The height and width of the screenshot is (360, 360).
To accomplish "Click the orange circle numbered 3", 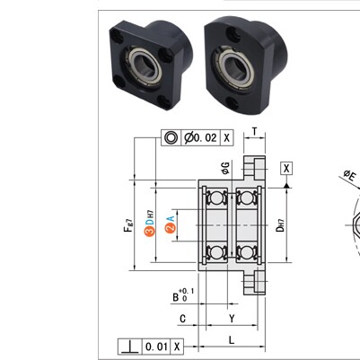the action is [x=150, y=231].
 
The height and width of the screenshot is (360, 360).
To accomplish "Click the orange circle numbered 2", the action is [x=170, y=228].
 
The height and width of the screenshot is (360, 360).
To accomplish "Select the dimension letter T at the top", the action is [x=254, y=131].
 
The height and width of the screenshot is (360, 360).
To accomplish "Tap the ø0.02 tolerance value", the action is [x=200, y=137].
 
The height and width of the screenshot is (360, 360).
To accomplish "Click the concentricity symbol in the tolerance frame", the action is [x=171, y=137].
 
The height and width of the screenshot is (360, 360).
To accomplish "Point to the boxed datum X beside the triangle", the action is [x=286, y=168].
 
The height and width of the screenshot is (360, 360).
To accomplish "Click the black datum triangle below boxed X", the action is [x=286, y=186].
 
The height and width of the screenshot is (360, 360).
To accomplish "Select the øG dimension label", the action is [x=226, y=168].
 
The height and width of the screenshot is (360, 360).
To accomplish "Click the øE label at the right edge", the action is [x=349, y=175].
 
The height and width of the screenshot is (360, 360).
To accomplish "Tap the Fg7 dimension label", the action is [x=127, y=226].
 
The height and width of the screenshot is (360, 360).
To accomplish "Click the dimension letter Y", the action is [x=232, y=319].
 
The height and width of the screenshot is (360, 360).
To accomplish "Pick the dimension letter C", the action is [x=182, y=319].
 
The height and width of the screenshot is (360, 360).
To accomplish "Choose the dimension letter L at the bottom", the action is [x=232, y=339].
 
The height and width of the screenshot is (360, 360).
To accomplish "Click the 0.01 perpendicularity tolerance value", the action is [x=156, y=347].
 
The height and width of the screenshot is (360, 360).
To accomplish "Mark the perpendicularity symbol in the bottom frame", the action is [x=129, y=347].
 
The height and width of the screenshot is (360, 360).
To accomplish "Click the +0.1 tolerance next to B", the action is [x=187, y=291].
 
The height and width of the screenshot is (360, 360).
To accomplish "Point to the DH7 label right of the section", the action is [x=280, y=225].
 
